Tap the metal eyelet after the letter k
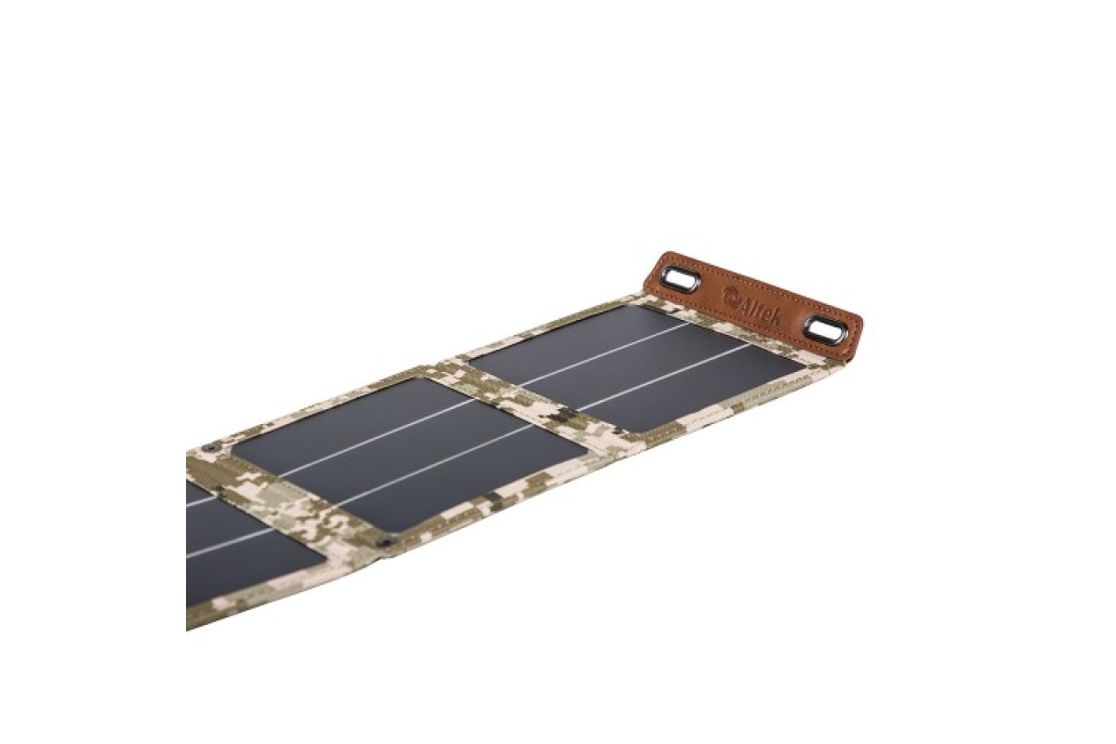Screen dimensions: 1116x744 (820, 331)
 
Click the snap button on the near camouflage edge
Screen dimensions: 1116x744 (384, 544)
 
